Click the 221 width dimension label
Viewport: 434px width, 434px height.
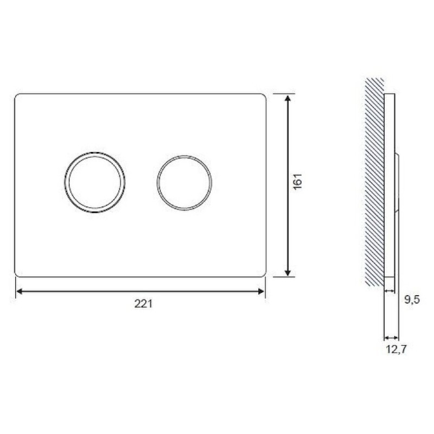tap(143, 304)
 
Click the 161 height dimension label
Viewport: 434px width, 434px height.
tap(298, 182)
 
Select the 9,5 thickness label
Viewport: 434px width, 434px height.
tap(412, 299)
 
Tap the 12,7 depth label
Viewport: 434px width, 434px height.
tap(396, 349)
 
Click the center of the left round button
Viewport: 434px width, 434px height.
tap(94, 182)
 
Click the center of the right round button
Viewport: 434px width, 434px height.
tap(184, 183)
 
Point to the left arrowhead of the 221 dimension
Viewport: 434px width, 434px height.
tap(20, 291)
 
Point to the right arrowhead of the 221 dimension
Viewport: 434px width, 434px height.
tap(261, 291)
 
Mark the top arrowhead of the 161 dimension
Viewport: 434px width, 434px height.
tap(288, 99)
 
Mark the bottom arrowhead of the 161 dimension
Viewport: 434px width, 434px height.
tap(288, 273)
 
